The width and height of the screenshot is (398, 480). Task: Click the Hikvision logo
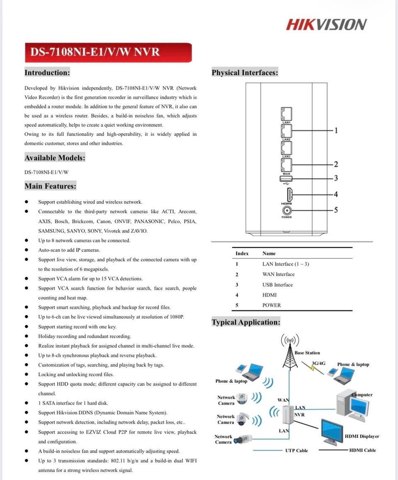(326, 24)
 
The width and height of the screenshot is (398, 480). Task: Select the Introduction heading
(47, 73)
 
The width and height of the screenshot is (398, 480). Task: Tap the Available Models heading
(55, 158)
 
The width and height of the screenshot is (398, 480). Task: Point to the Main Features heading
(50, 186)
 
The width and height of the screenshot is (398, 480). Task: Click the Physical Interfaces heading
(245, 73)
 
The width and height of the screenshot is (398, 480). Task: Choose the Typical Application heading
(246, 322)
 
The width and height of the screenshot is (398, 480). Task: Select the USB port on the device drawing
(286, 178)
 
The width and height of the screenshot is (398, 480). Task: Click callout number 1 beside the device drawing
(336, 131)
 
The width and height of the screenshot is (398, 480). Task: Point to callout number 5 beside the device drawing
(336, 210)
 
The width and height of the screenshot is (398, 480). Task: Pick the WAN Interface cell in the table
(278, 274)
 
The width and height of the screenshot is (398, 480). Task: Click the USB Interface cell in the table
(277, 285)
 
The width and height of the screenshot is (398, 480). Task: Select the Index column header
(242, 253)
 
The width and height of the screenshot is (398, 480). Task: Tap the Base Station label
(307, 353)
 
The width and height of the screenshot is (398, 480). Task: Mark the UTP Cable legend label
(296, 450)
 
